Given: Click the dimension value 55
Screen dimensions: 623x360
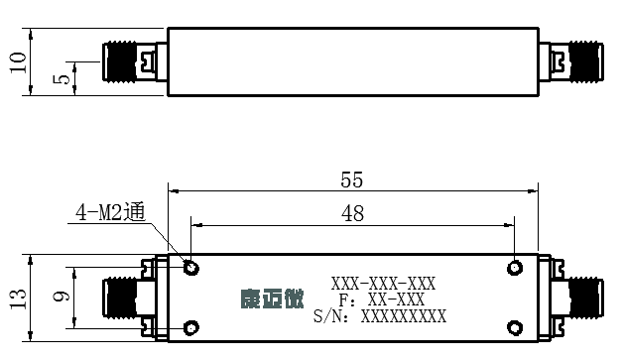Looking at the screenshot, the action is [x=351, y=180].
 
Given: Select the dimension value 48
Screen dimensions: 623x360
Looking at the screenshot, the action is [x=352, y=213].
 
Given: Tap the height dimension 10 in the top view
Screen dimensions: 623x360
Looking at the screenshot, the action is [x=18, y=62].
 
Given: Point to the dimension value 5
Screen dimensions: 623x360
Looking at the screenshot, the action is [x=61, y=79].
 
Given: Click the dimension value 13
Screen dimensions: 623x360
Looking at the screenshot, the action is [x=18, y=299].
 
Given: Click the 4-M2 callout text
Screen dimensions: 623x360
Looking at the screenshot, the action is [x=110, y=212].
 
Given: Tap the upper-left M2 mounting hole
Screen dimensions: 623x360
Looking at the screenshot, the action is [x=191, y=268].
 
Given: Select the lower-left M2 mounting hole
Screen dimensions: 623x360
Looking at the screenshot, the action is [x=191, y=328].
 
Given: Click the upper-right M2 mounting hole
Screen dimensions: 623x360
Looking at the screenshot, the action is [x=515, y=268].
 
